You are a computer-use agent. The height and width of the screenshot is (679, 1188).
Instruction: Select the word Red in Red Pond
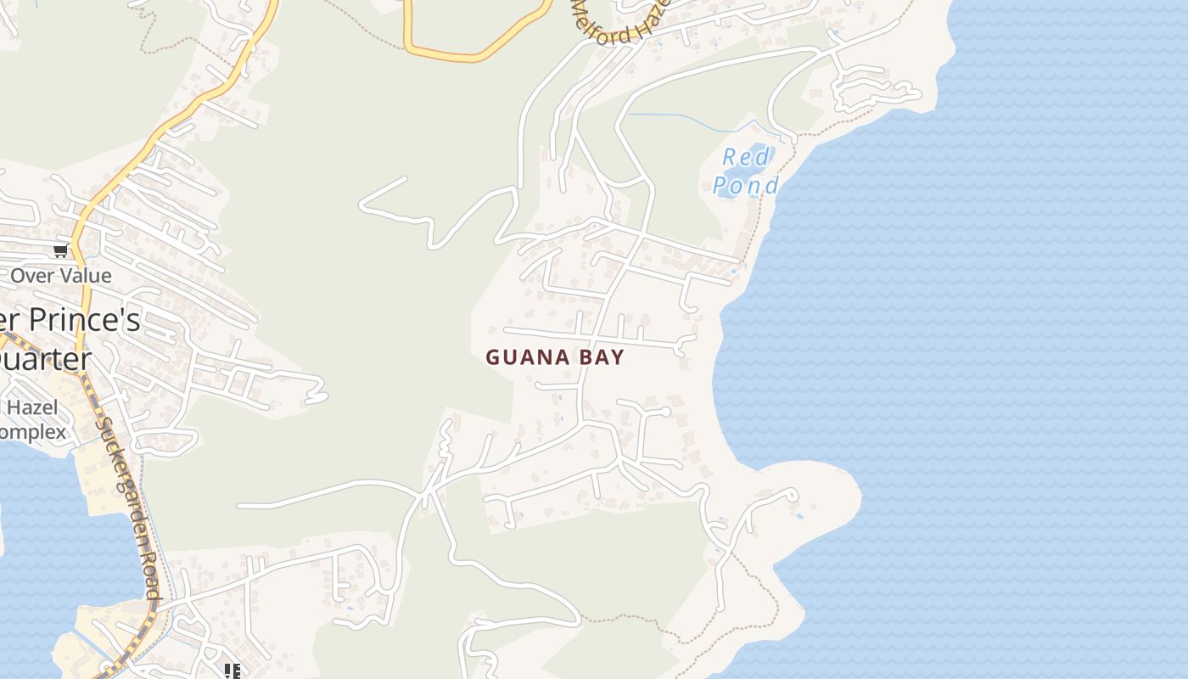coord(746,158)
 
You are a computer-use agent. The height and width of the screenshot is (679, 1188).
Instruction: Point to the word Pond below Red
coord(745,185)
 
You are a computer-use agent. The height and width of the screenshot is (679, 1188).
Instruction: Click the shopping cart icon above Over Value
coord(60,250)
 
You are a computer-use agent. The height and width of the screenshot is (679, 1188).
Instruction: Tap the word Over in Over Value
coord(29,276)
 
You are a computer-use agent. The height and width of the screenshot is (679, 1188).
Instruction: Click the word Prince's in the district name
coord(85,321)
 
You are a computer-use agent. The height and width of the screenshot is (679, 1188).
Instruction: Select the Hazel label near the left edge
coord(32,407)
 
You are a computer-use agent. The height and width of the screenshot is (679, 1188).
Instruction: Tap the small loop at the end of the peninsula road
coord(792,493)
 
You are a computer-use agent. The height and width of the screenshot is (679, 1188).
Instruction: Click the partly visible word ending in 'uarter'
coord(47,359)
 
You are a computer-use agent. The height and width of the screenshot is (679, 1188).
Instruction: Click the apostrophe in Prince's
coord(121,311)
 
